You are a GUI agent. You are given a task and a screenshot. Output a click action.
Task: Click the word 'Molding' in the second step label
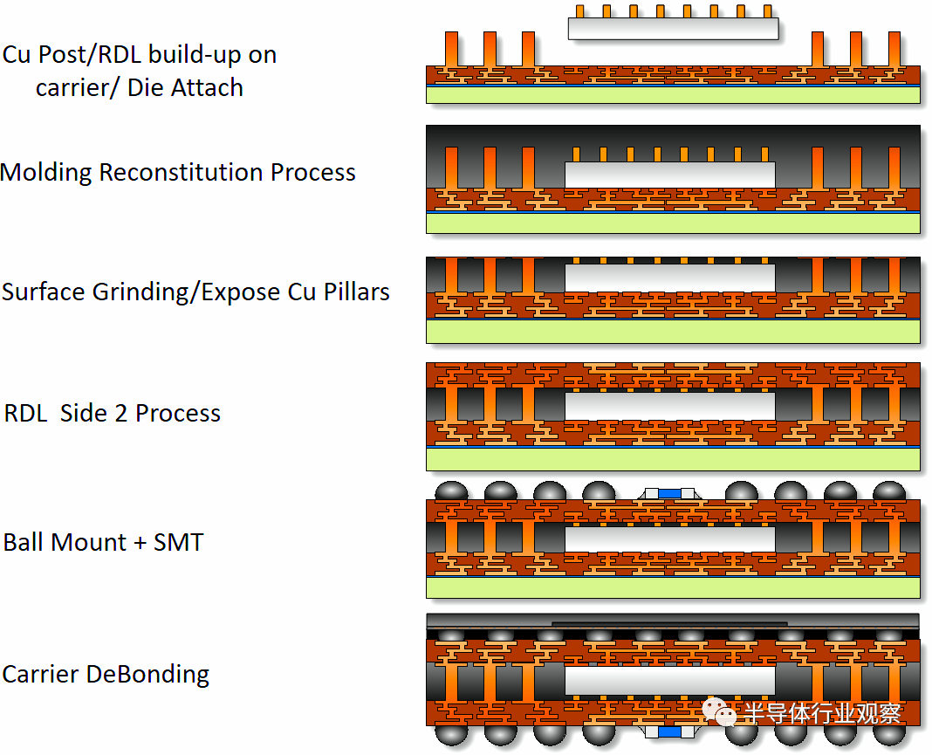[x=46, y=173]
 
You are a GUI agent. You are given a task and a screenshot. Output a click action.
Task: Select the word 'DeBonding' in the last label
[x=147, y=675]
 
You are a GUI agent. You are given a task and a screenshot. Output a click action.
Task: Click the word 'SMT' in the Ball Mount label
[x=178, y=542]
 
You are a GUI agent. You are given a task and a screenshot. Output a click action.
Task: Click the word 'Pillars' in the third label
[x=356, y=292]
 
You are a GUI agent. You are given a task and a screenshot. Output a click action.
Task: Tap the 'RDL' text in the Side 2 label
[x=25, y=413]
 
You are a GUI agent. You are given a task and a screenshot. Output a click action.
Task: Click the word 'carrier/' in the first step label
[x=77, y=88]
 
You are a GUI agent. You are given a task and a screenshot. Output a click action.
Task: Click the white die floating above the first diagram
[x=674, y=29]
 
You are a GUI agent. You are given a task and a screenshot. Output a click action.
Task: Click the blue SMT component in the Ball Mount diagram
[x=669, y=493]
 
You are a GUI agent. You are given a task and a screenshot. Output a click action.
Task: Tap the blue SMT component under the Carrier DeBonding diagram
[x=670, y=731]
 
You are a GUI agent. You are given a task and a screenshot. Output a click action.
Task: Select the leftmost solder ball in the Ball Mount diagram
[x=452, y=491]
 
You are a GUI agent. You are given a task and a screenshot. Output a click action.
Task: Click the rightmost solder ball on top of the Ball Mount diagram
[x=889, y=491]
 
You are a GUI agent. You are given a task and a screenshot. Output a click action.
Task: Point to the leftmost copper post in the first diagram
[x=452, y=49]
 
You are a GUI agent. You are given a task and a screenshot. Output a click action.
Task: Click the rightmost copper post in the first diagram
[x=894, y=49]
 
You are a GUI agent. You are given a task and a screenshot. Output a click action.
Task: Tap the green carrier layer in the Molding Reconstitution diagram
[x=673, y=223]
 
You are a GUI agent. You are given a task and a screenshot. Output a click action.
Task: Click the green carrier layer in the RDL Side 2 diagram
[x=673, y=459]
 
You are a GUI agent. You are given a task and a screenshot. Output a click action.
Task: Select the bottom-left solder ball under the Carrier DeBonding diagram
[x=452, y=735]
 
